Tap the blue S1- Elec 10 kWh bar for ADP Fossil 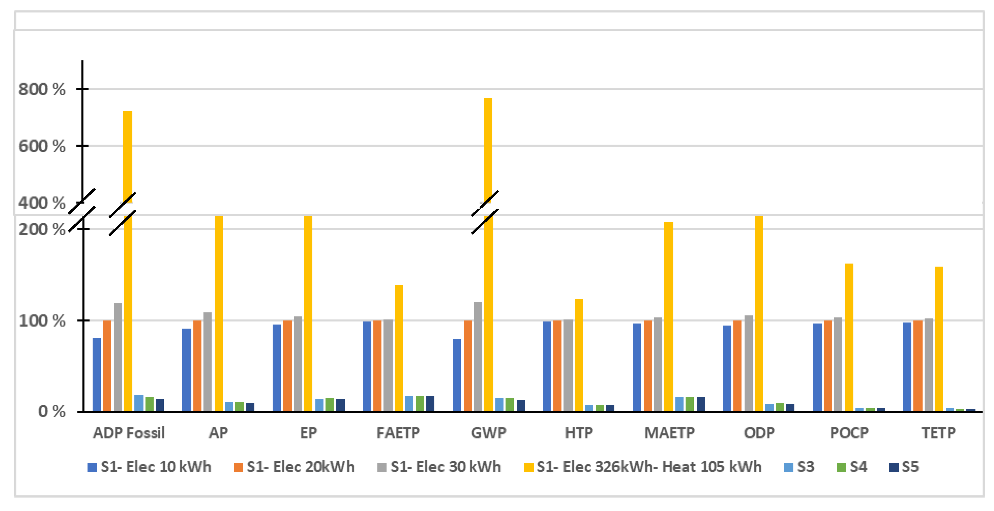pyautogui.click(x=96, y=374)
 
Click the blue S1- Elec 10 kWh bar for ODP pyautogui.click(x=727, y=368)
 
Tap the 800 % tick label pyautogui.click(x=42, y=89)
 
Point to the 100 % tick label pyautogui.click(x=42, y=320)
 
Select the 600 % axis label pyautogui.click(x=42, y=146)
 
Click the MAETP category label pyautogui.click(x=669, y=433)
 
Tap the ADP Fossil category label pyautogui.click(x=128, y=433)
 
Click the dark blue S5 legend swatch pyautogui.click(x=894, y=467)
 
